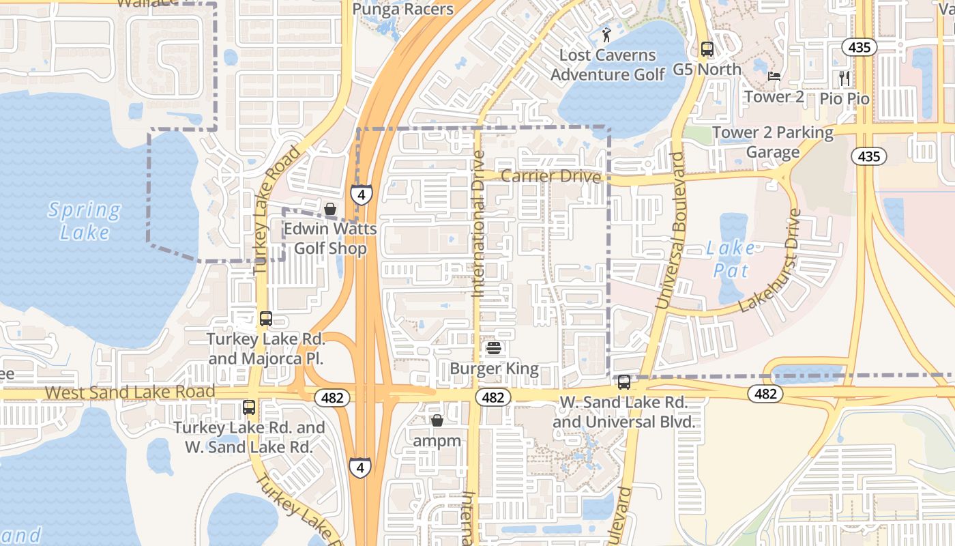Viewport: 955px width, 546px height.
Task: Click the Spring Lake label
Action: pos(85,220)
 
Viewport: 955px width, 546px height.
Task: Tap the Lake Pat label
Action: pos(731,259)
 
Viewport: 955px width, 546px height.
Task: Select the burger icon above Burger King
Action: pos(494,349)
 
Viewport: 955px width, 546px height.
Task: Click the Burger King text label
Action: pos(494,369)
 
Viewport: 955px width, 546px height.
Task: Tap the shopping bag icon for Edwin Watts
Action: pos(330,208)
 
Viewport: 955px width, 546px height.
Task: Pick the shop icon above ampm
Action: pos(437,420)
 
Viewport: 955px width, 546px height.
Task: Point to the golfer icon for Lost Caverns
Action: pos(606,34)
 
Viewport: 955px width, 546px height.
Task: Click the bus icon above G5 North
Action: pos(707,49)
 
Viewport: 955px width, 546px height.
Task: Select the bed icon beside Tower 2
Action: pos(774,76)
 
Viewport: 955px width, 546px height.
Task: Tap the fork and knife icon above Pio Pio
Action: pos(844,78)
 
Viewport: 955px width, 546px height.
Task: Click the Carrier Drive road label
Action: pos(550,177)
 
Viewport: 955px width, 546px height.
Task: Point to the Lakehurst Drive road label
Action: pos(778,260)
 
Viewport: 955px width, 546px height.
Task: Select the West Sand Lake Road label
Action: pos(130,392)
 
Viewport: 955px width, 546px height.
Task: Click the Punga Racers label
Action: pos(403,9)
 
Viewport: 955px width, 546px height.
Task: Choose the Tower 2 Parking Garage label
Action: pos(773,142)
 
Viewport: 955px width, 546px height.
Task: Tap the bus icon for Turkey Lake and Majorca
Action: pos(265,319)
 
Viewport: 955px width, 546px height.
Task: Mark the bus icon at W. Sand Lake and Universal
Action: pos(623,382)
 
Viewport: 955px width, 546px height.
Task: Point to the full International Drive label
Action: pos(478,224)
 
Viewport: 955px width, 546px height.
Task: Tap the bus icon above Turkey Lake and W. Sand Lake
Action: pos(249,407)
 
